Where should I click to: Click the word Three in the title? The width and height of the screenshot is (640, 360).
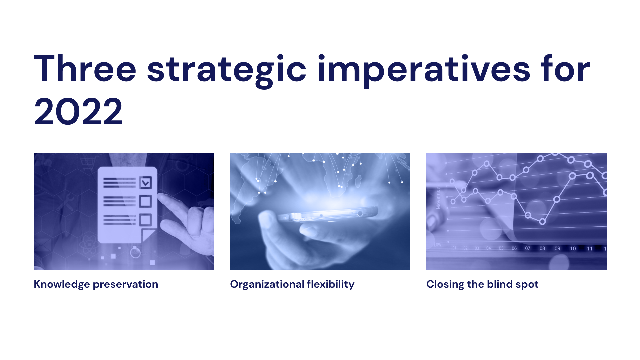click(85, 69)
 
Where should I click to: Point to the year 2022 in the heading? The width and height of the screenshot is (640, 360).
click(78, 111)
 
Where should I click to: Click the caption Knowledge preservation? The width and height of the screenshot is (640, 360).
click(96, 284)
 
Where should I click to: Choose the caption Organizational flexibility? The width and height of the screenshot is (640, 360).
click(292, 284)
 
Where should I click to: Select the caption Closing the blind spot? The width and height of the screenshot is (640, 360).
click(482, 284)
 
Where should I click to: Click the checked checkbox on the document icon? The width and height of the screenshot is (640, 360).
click(145, 183)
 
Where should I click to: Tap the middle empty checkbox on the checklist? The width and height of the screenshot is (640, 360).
click(145, 201)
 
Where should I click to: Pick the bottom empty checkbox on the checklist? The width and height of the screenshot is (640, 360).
click(145, 220)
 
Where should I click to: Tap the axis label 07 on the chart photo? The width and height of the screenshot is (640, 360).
click(528, 248)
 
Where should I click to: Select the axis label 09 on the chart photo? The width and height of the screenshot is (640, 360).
click(557, 248)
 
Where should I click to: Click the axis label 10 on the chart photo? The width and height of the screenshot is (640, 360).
click(573, 248)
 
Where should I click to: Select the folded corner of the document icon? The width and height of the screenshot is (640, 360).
click(148, 235)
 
